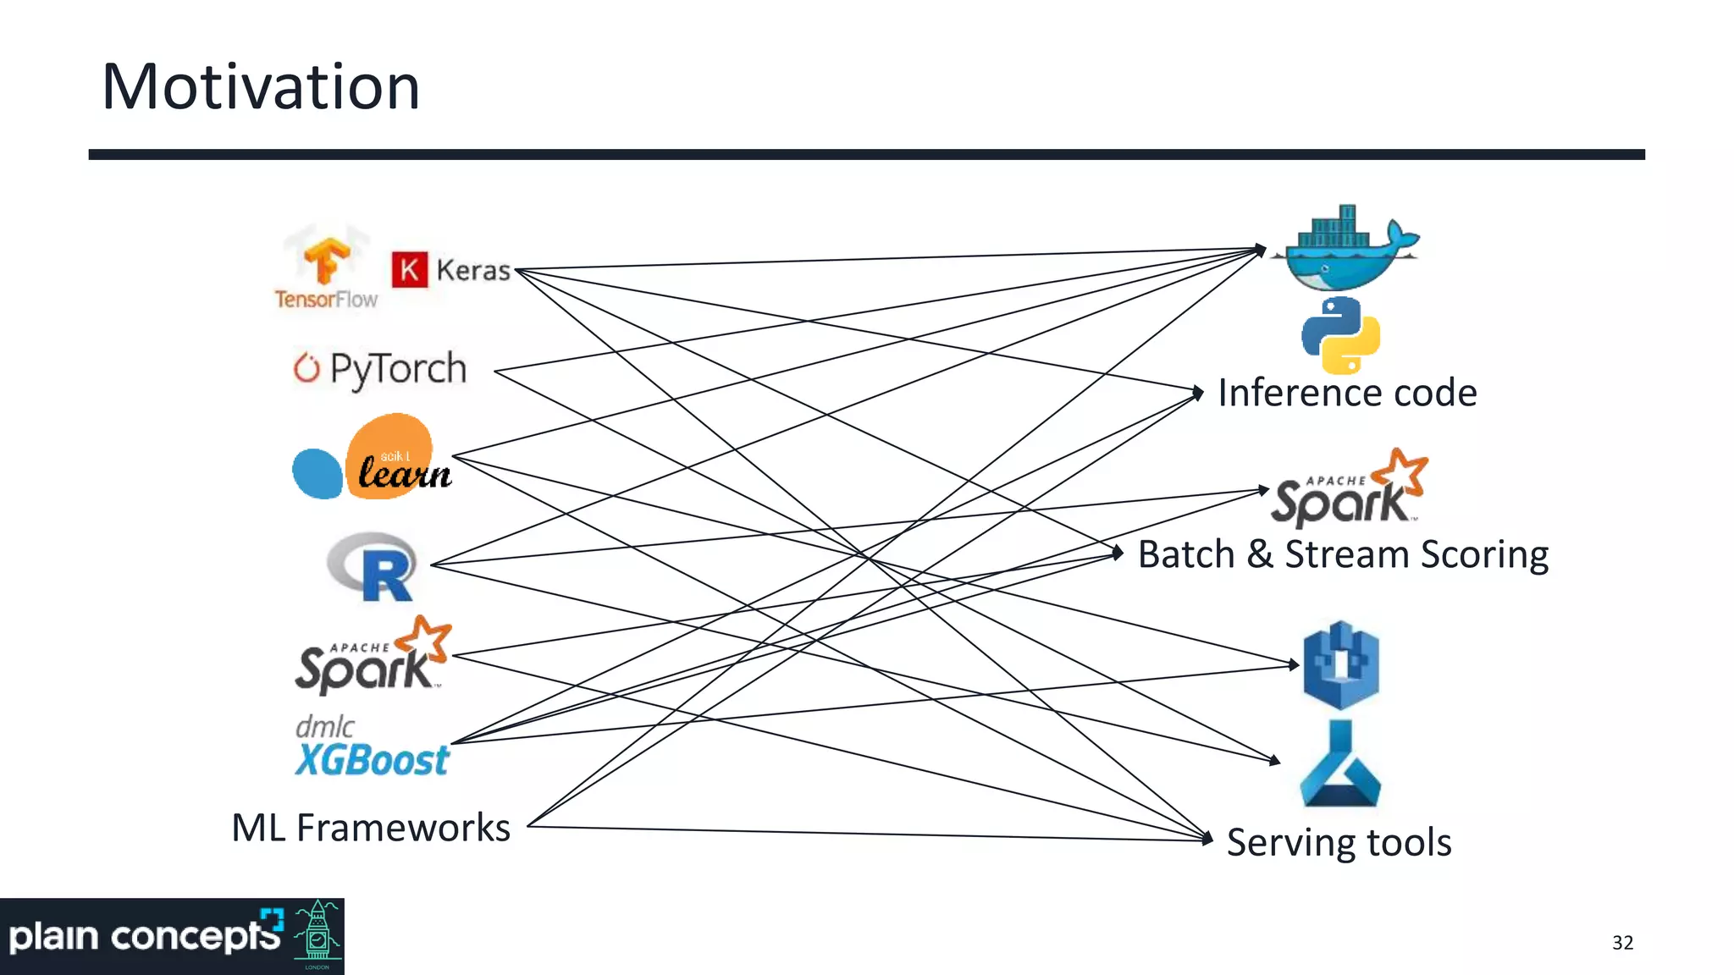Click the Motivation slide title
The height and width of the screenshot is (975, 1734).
(x=261, y=88)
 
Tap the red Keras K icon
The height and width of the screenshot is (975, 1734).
(x=410, y=270)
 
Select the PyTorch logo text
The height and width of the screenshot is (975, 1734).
(x=397, y=370)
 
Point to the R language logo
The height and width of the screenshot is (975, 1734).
(x=373, y=566)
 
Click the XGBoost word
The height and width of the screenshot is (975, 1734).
(x=372, y=760)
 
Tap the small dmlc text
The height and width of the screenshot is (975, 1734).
(x=324, y=726)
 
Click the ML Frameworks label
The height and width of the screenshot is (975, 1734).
(x=371, y=828)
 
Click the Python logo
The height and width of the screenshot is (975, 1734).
(x=1340, y=335)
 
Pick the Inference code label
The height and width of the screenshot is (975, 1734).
(x=1347, y=394)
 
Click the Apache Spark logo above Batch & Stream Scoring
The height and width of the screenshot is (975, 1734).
(x=1349, y=489)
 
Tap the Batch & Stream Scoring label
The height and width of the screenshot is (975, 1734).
(x=1343, y=555)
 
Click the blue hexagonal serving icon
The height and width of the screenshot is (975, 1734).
(x=1340, y=665)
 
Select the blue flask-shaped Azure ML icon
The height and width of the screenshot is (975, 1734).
(x=1340, y=766)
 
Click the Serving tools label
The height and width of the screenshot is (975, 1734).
(x=1339, y=843)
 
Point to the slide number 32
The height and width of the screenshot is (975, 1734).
(x=1622, y=943)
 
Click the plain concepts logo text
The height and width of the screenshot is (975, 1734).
(x=144, y=937)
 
